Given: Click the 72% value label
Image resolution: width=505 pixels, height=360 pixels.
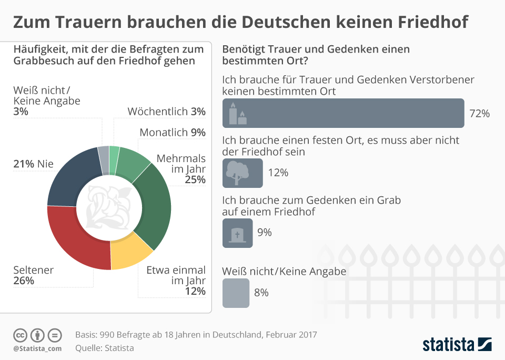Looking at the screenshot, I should (479, 113).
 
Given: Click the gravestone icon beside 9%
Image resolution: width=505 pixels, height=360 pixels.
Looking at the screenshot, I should (238, 232).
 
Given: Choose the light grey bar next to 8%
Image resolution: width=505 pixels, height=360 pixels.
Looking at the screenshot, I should (236, 293).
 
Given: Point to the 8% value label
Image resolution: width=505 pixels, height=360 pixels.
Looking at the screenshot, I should (261, 293).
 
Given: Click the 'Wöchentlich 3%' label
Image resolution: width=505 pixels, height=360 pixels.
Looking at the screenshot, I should (166, 112).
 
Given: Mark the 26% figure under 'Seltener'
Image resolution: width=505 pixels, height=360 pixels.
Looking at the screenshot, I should (23, 281).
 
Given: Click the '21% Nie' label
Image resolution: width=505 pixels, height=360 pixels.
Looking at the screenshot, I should (33, 164).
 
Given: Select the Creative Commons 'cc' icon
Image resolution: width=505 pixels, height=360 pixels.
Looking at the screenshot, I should (21, 335).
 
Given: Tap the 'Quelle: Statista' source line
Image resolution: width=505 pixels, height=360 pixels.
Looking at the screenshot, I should (104, 348).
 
